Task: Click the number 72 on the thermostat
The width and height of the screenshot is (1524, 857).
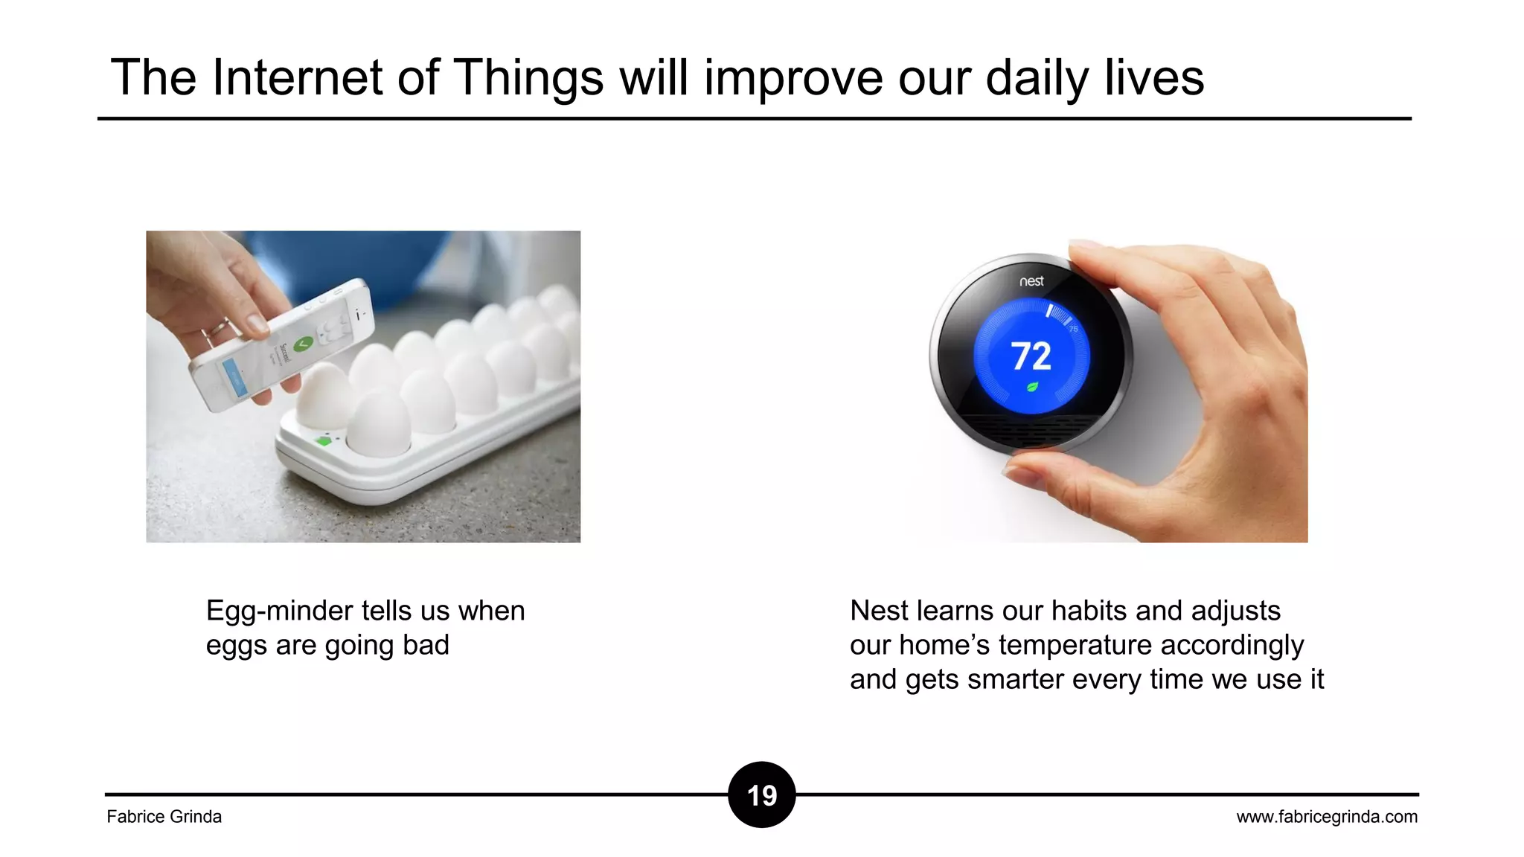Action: (1031, 356)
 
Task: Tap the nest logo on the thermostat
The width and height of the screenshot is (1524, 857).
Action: (1031, 281)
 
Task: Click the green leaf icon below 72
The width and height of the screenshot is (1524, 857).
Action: (1032, 387)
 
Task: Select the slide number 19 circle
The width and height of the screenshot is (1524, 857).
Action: (762, 795)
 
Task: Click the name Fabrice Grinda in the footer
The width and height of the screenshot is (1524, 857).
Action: (164, 817)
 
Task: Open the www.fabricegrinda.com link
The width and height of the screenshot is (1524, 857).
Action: (1327, 817)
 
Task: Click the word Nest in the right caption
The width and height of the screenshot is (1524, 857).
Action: (879, 611)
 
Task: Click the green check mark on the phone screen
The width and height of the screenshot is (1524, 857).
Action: (303, 344)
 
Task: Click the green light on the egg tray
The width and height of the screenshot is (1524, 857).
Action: (323, 441)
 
